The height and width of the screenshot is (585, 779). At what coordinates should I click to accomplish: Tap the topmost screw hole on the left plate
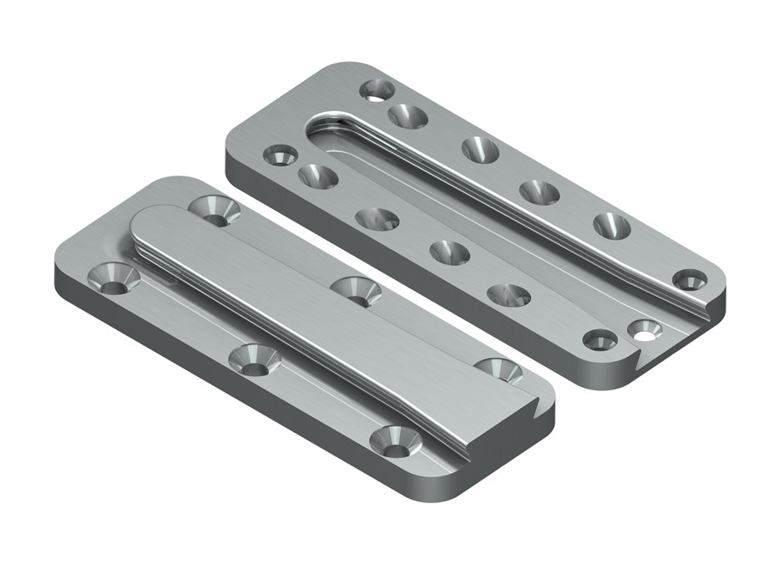tap(215, 209)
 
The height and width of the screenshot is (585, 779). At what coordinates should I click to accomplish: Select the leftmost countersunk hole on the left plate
tap(115, 277)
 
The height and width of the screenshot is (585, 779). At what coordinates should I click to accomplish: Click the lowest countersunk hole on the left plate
tap(395, 440)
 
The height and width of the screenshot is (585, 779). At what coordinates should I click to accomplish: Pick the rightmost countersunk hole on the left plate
tap(498, 369)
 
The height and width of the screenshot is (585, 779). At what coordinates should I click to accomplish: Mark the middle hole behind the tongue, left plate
tap(356, 291)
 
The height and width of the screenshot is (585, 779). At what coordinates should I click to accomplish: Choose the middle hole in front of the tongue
tap(254, 359)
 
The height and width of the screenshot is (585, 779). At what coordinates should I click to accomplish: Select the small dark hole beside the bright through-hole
tap(599, 339)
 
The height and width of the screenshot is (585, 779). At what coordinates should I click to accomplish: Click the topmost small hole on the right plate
tap(377, 89)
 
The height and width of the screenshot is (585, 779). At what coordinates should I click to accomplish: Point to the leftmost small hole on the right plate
tap(280, 155)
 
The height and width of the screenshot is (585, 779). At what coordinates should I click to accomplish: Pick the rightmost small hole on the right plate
tap(690, 279)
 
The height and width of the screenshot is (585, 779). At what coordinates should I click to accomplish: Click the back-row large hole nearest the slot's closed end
tap(407, 115)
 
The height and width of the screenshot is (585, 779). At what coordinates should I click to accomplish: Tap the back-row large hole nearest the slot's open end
tap(611, 226)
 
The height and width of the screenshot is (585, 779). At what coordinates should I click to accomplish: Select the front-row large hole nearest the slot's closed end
tap(318, 176)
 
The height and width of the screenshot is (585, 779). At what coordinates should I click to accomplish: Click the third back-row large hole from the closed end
tap(539, 192)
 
